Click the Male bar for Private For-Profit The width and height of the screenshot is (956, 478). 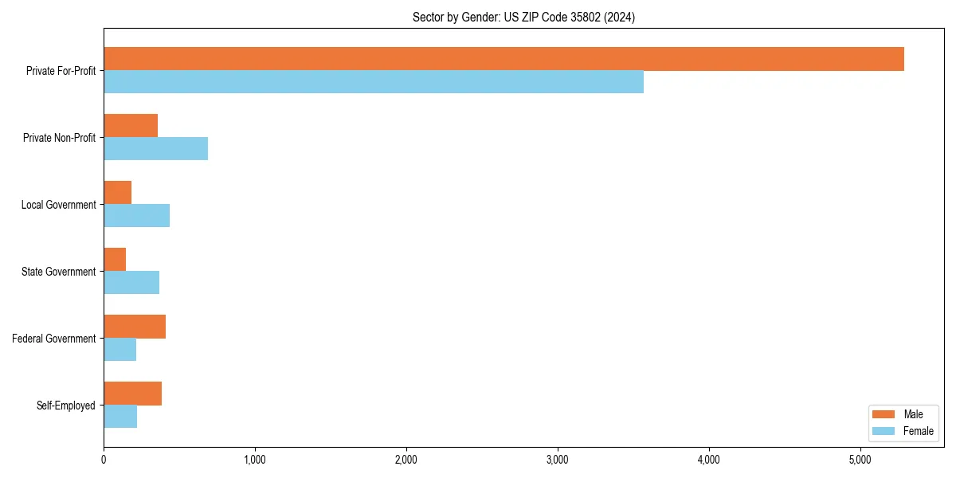click(503, 59)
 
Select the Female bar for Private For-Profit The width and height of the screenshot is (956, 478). click(374, 82)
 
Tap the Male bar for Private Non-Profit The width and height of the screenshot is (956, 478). click(131, 126)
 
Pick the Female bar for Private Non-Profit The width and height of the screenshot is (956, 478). click(155, 149)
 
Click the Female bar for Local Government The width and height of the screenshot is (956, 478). click(136, 216)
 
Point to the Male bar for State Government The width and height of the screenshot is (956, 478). click(115, 260)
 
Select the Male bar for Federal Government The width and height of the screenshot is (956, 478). click(135, 327)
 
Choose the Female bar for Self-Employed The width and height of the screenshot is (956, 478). click(120, 417)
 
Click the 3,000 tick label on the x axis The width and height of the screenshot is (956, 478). click(558, 460)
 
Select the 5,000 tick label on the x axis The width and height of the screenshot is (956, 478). click(860, 460)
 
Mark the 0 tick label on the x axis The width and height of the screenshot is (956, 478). click(104, 460)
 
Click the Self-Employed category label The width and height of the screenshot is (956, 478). click(66, 406)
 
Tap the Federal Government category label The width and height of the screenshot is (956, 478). click(54, 339)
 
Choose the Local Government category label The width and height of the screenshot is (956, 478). click(59, 205)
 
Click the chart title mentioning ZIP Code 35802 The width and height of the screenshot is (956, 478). click(523, 17)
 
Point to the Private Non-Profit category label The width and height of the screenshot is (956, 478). click(59, 138)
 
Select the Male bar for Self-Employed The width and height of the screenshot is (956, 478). click(132, 394)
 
